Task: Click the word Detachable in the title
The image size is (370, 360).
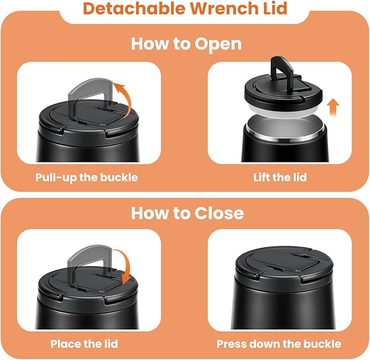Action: [135, 9]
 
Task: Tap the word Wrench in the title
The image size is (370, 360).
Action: [223, 9]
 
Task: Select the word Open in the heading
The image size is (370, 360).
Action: [219, 44]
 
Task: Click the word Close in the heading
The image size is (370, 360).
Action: [219, 213]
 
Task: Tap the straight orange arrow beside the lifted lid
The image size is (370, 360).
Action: [333, 107]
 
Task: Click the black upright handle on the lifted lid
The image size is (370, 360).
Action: [282, 69]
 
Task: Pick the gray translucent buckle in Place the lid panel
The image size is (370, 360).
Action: [90, 267]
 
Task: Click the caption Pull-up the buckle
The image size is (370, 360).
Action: [87, 177]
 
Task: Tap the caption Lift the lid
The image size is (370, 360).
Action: [280, 177]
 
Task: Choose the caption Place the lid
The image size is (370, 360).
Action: [84, 344]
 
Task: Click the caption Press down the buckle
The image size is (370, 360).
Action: [279, 344]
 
